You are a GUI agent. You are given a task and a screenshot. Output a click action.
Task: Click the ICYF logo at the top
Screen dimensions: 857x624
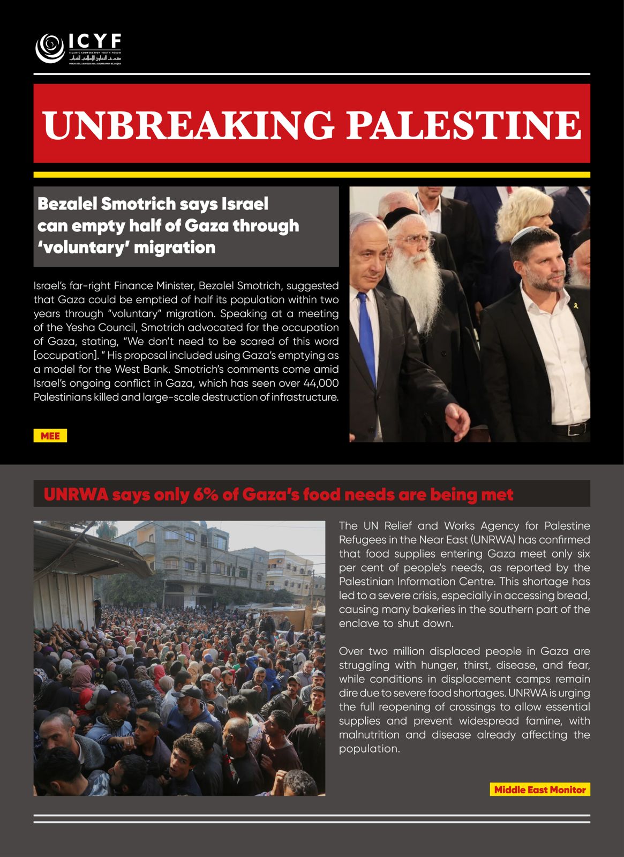click(78, 49)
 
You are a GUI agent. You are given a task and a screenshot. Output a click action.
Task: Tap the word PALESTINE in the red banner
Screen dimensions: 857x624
click(463, 124)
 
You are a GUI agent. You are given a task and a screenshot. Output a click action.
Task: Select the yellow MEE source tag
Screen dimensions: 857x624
click(50, 436)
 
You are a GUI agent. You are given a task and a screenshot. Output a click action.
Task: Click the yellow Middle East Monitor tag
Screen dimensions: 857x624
click(539, 790)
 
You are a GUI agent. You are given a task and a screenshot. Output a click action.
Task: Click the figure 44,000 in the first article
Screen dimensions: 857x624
click(321, 383)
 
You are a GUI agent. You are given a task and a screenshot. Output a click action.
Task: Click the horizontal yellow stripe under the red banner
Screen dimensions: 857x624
click(312, 175)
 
